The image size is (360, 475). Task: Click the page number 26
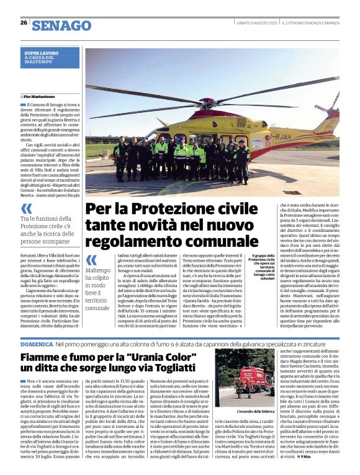click(x=23, y=23)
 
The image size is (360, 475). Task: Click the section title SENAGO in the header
click(x=61, y=25)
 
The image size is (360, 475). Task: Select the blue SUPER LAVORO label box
click(x=52, y=58)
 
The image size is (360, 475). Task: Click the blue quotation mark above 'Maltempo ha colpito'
click(x=91, y=260)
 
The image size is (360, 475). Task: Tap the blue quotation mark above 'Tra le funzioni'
click(x=27, y=210)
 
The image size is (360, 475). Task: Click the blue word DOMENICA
click(x=35, y=344)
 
